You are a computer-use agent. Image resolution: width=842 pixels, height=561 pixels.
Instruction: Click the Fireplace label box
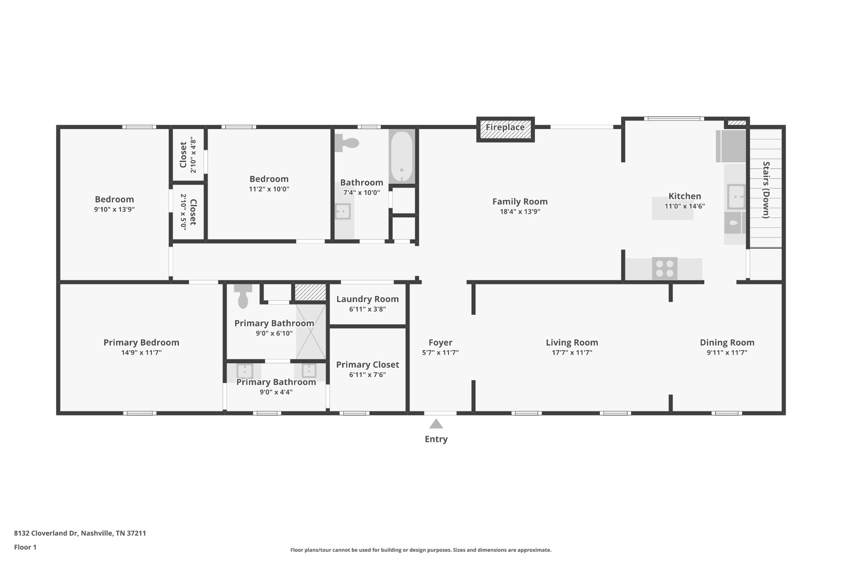tap(505, 129)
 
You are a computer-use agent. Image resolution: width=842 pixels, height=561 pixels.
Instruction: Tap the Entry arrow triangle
tap(436, 424)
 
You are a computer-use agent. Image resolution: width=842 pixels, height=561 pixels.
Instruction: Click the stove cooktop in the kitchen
tap(664, 269)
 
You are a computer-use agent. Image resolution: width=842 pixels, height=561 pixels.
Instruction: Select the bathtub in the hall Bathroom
tap(402, 156)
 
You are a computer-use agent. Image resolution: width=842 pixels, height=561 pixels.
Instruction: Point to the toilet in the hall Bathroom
tap(347, 143)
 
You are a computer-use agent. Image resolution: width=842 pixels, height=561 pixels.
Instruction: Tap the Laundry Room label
tap(368, 299)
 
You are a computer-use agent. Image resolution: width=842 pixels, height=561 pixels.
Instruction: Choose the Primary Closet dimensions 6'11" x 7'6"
tap(368, 375)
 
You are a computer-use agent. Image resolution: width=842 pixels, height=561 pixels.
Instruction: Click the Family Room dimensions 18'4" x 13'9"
tap(520, 212)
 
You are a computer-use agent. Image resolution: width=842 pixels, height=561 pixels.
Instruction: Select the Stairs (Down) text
tap(766, 190)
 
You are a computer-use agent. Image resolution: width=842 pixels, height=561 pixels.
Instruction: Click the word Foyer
tap(440, 342)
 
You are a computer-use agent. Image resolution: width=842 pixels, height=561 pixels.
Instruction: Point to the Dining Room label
tap(727, 342)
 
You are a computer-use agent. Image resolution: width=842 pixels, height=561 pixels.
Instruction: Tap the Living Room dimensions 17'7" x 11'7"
tap(572, 353)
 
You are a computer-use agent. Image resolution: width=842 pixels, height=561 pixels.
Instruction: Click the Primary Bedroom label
tap(141, 342)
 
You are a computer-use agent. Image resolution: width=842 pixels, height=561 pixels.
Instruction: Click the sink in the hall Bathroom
tap(342, 212)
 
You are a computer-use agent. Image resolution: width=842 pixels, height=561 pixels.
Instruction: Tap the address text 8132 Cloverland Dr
tap(46, 533)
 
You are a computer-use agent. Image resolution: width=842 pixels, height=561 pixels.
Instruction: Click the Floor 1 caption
tap(25, 547)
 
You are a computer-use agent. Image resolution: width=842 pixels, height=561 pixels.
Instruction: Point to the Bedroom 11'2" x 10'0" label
tap(269, 184)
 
